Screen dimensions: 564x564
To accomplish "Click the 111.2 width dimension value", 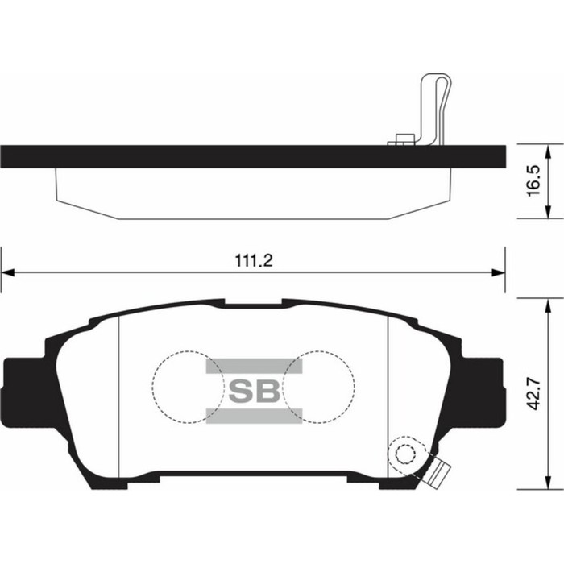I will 252,261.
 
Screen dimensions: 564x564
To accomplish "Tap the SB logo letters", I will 254,392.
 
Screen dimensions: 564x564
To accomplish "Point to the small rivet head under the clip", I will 403,140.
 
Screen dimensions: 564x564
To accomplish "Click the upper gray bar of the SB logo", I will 254,367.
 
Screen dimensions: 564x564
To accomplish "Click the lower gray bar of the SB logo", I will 254,416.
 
